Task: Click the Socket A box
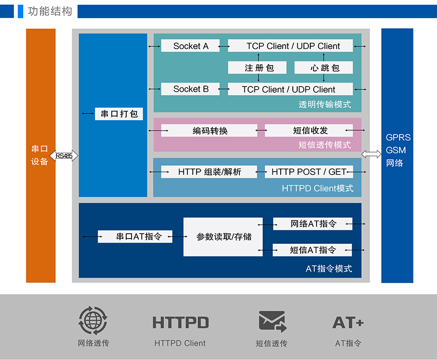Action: [x=190, y=46]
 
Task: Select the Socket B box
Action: [x=190, y=89]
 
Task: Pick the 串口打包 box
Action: [x=119, y=114]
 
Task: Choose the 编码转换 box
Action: [x=209, y=130]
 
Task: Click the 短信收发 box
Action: [x=309, y=130]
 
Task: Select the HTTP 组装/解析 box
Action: [x=209, y=171]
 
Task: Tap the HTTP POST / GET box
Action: [x=309, y=171]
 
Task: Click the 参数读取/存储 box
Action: [x=223, y=237]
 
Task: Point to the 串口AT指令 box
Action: [x=135, y=237]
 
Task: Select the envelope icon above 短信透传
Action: [x=272, y=321]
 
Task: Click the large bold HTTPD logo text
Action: [x=181, y=323]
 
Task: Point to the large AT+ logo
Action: [x=348, y=323]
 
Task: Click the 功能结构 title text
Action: [x=50, y=11]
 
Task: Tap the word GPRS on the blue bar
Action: [x=398, y=137]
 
